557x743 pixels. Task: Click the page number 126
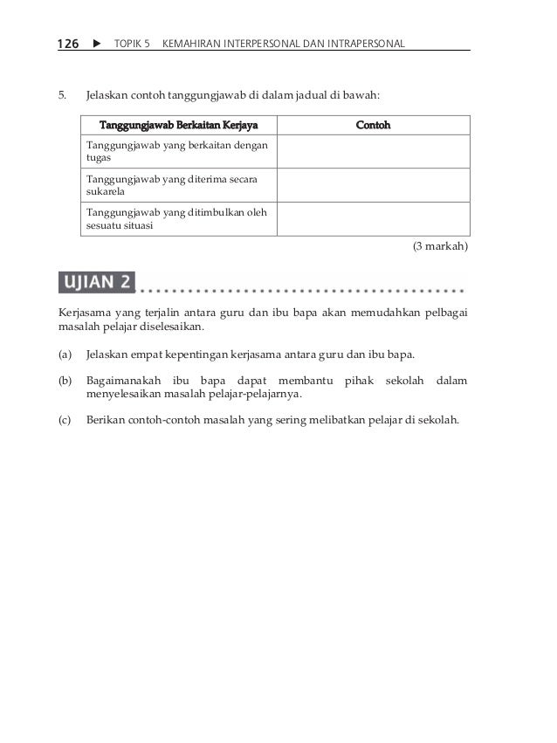click(x=69, y=43)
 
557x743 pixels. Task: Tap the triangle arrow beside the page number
click(x=96, y=43)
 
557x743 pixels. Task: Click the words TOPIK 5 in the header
click(x=132, y=43)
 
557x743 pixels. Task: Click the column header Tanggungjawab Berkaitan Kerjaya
click(x=179, y=125)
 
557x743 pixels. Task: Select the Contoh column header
click(x=373, y=125)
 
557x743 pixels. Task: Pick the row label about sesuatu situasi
click(x=175, y=218)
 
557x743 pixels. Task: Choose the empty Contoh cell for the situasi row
click(x=373, y=218)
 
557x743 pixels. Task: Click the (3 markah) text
click(x=440, y=247)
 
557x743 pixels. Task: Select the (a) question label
click(x=65, y=355)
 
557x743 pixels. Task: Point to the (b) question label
click(x=65, y=381)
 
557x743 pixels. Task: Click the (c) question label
click(x=65, y=419)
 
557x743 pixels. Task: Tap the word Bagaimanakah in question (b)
click(x=125, y=381)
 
